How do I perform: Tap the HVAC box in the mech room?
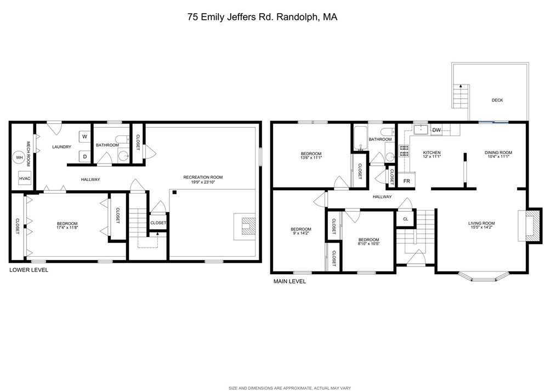[24, 178]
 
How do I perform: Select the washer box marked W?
[84, 137]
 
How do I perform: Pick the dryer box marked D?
[84, 157]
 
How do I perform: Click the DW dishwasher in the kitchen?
[436, 130]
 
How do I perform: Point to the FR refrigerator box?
[407, 180]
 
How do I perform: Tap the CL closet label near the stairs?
[406, 219]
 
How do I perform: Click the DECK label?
[497, 100]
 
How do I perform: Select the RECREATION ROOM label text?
[203, 177]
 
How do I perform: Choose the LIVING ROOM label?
[481, 223]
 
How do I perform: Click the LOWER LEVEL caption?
[29, 270]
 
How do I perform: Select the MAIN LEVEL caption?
[290, 281]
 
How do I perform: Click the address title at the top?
[262, 17]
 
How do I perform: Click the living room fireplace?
[529, 225]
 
